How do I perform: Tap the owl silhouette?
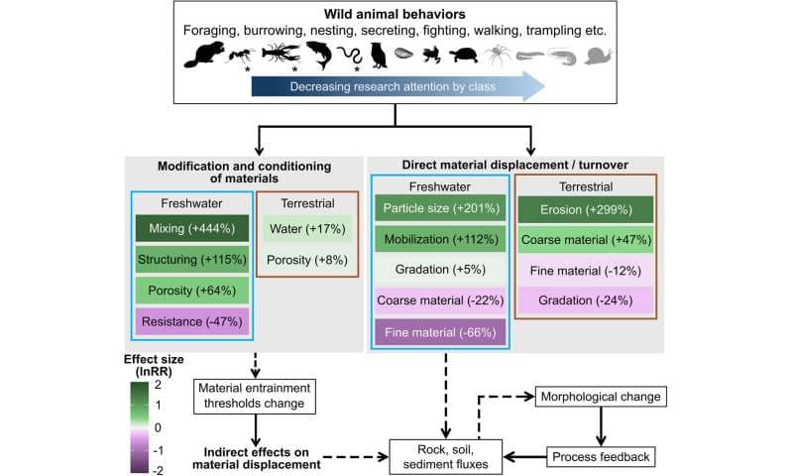pos(378,56)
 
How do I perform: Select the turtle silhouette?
pos(465,56)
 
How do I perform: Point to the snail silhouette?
pos(598,56)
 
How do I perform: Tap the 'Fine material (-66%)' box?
pos(439,331)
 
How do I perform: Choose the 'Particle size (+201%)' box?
pos(439,209)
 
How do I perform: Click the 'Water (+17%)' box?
pos(306,229)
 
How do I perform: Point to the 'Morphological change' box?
pos(600,397)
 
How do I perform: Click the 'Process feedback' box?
pos(600,456)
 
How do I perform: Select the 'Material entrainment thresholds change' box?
pos(256,394)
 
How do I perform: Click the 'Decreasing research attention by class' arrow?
pos(396,86)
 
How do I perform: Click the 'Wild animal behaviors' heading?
pos(396,14)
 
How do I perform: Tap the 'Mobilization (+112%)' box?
pos(439,240)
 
